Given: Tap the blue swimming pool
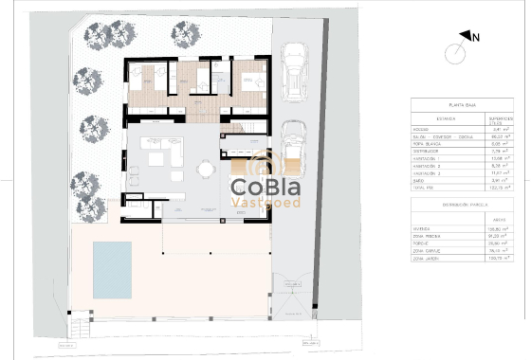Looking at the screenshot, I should coord(111,269).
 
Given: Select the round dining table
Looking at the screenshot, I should coord(204,171).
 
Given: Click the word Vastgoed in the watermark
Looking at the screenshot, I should coord(267,202).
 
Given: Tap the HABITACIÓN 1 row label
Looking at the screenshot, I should coord(429,159).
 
